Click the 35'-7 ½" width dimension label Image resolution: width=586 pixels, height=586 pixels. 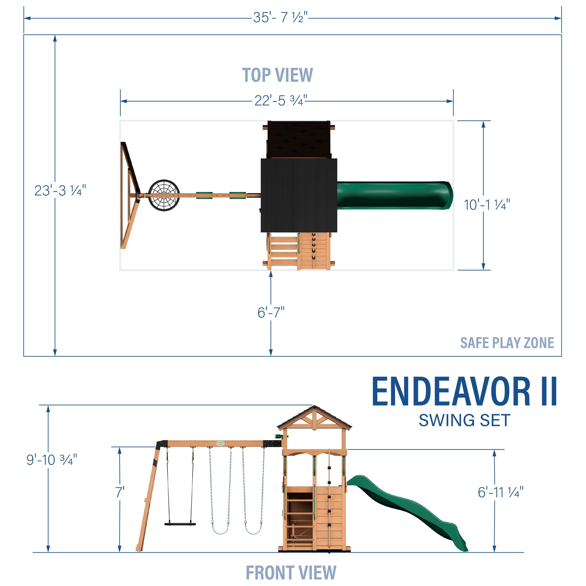click(x=280, y=18)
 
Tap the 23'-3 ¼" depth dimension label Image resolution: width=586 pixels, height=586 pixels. click(x=60, y=191)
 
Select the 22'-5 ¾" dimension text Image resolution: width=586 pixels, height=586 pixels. click(x=281, y=101)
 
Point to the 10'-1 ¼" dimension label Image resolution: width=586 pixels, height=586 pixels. click(x=487, y=205)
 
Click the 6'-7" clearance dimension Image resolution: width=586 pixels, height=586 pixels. click(x=270, y=312)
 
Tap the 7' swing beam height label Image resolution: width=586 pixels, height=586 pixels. click(x=120, y=492)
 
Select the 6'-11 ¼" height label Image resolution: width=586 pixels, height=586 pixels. click(x=500, y=492)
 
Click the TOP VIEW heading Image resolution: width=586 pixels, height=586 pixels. click(x=277, y=75)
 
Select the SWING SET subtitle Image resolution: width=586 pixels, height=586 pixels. click(x=464, y=420)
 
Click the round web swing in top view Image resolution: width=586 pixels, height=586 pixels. click(x=164, y=195)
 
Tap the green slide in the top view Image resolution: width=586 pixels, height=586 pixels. click(x=394, y=195)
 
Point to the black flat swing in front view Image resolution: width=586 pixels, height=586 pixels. click(x=180, y=524)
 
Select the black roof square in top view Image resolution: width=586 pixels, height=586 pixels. click(x=299, y=195)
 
